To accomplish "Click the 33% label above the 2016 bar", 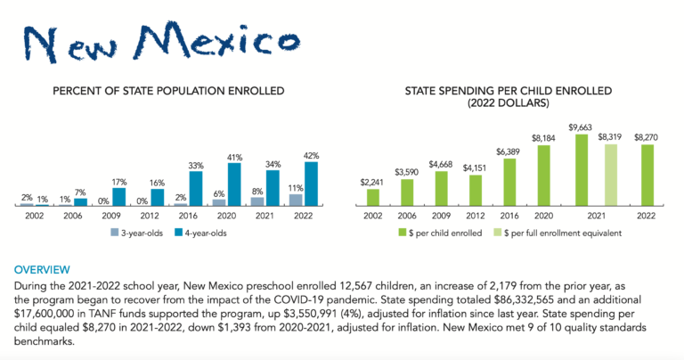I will (x=196, y=166).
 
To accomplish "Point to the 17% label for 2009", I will (x=119, y=182).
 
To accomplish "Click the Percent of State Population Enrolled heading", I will (x=168, y=91).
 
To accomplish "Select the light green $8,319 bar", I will (x=610, y=175).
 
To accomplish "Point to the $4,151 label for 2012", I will (x=476, y=168).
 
